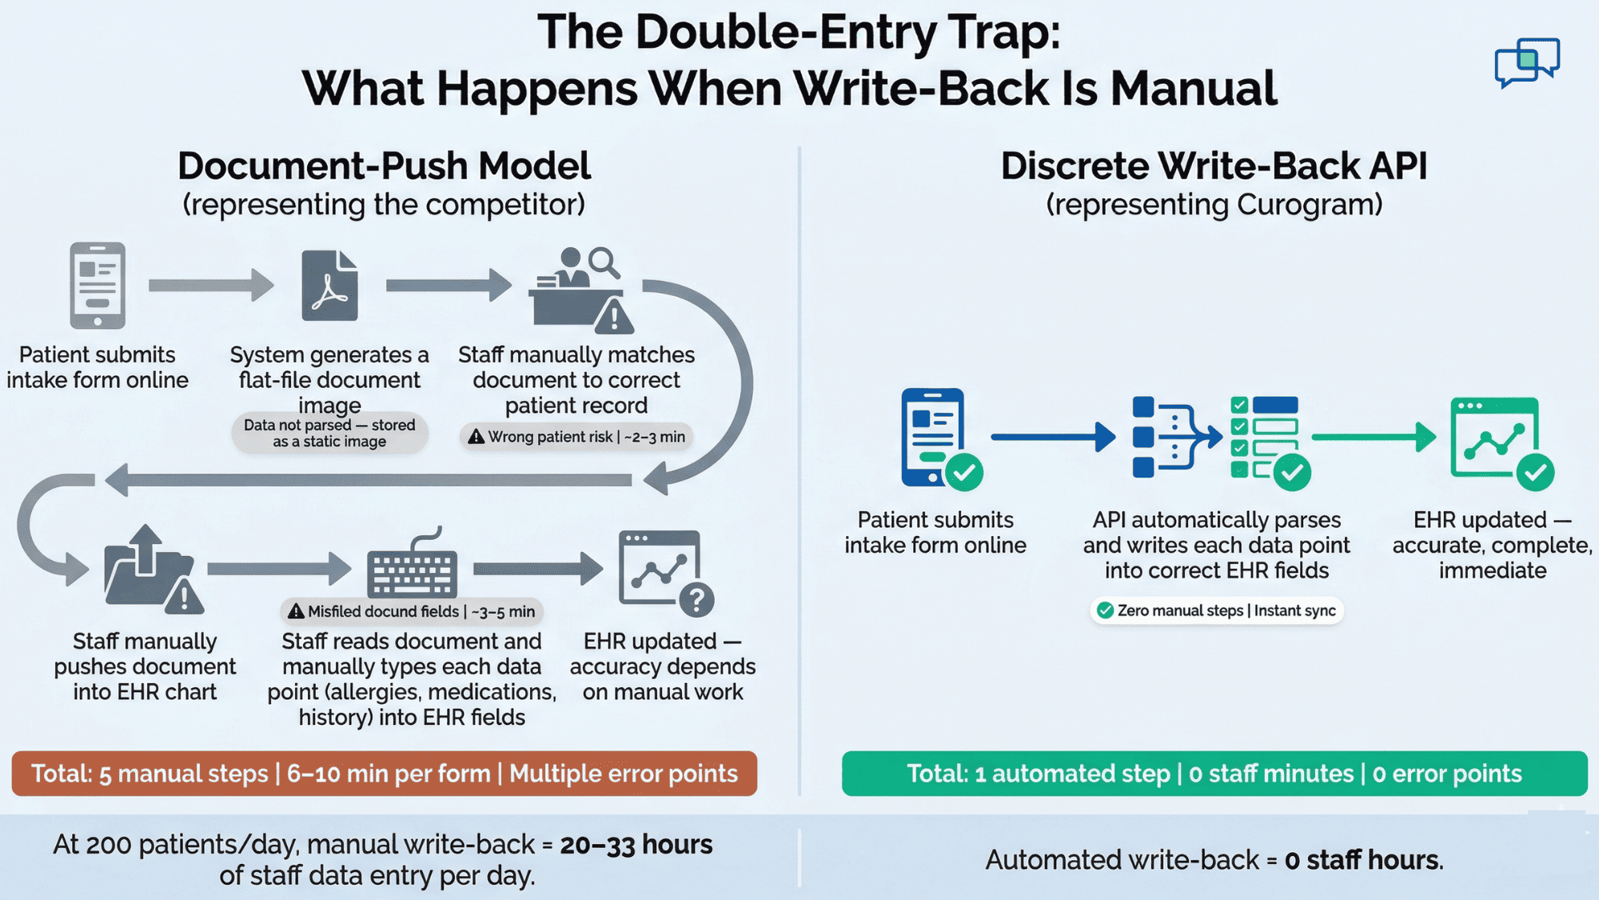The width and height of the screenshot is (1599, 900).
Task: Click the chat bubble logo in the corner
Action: (x=1526, y=62)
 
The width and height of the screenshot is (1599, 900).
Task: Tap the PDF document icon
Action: (x=329, y=286)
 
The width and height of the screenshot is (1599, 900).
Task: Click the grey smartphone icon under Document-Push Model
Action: (x=98, y=286)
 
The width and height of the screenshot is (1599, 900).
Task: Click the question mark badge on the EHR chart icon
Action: (x=696, y=599)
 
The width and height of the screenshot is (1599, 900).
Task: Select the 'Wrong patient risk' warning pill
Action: (x=576, y=437)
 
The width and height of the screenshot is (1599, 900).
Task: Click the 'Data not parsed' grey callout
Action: (x=329, y=433)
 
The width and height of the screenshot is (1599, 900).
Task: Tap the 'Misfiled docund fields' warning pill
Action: (x=412, y=611)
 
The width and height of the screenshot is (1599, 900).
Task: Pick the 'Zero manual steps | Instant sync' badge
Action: (x=1216, y=610)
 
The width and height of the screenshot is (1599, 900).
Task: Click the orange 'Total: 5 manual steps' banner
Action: (x=384, y=774)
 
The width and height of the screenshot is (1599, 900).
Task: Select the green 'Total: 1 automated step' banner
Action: (x=1214, y=774)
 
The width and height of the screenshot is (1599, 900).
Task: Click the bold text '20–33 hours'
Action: (x=636, y=845)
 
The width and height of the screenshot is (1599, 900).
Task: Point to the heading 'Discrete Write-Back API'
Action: (x=1214, y=166)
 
